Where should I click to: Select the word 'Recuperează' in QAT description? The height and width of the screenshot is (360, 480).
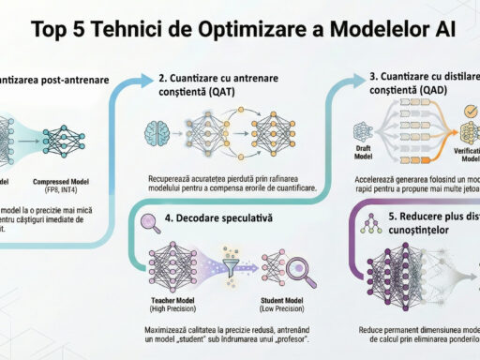click(x=173, y=178)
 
